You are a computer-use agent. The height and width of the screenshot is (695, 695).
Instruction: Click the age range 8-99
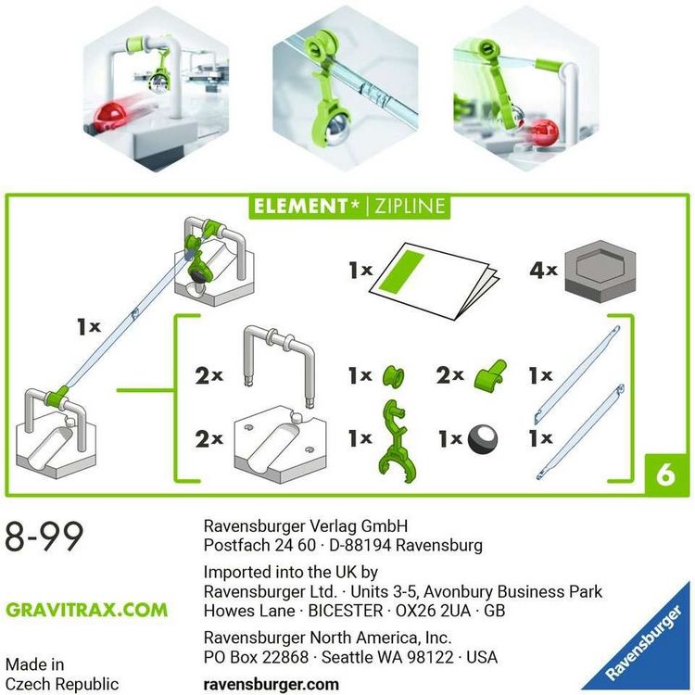click(44, 537)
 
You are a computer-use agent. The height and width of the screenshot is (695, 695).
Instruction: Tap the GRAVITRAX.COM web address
click(87, 611)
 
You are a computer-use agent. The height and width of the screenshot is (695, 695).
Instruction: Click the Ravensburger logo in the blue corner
click(645, 646)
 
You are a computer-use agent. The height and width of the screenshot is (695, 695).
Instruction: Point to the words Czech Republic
click(62, 685)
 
